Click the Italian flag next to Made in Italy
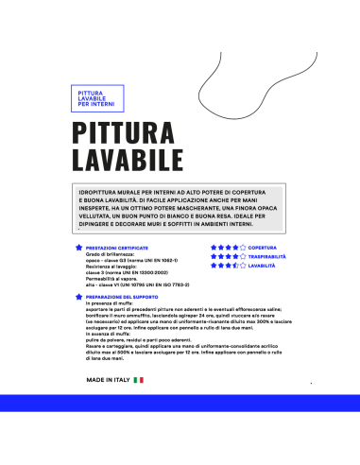[x=139, y=405]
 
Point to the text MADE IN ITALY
[x=108, y=405]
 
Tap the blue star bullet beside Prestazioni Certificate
[x=78, y=248]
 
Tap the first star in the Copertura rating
[x=214, y=248]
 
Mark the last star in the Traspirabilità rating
[x=242, y=257]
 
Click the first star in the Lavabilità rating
[x=214, y=267]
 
